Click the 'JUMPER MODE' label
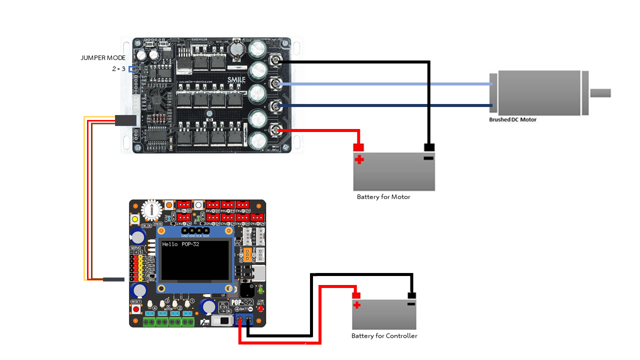[x=103, y=58]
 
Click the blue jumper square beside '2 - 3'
[x=131, y=69]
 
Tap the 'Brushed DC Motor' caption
[x=512, y=120]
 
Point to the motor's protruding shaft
[x=600, y=93]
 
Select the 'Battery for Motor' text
[x=383, y=197]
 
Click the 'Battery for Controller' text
[x=384, y=336]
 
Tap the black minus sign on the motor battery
[x=428, y=158]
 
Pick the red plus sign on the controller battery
[x=356, y=305]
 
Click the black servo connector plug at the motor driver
[x=125, y=120]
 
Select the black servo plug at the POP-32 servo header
[x=113, y=279]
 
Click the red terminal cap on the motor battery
[x=358, y=147]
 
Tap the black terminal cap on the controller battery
[x=411, y=295]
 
